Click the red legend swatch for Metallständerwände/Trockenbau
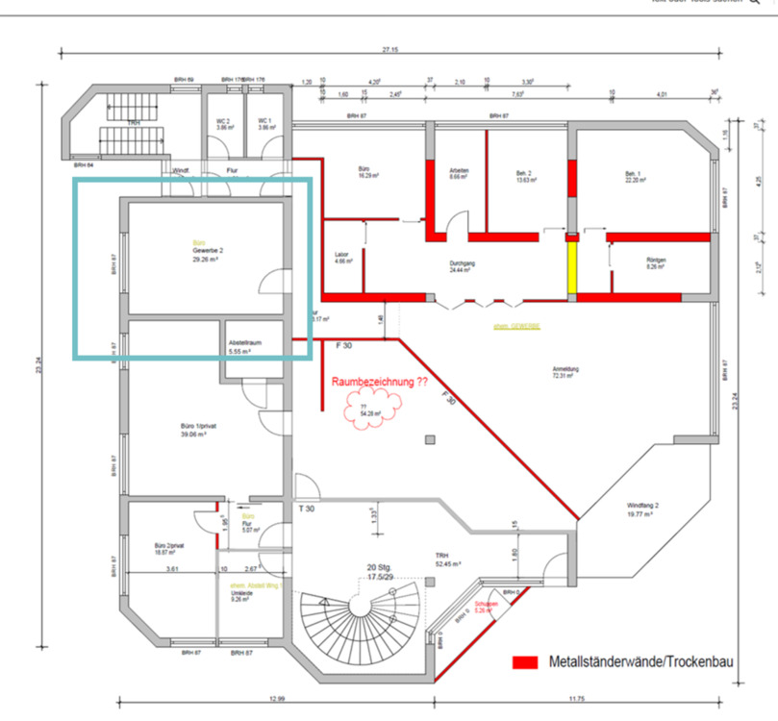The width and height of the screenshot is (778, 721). pyautogui.click(x=525, y=662)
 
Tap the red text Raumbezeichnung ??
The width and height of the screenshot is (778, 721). pyautogui.click(x=380, y=382)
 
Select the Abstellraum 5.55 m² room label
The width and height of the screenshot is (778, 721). pyautogui.click(x=245, y=347)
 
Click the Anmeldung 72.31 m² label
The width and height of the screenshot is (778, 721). pyautogui.click(x=565, y=373)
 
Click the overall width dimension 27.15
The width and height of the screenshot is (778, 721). pyautogui.click(x=389, y=49)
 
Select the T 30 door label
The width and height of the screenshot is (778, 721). pyautogui.click(x=306, y=509)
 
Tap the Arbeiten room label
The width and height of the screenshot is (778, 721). pyautogui.click(x=459, y=173)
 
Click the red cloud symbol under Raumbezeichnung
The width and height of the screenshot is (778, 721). pyautogui.click(x=364, y=412)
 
